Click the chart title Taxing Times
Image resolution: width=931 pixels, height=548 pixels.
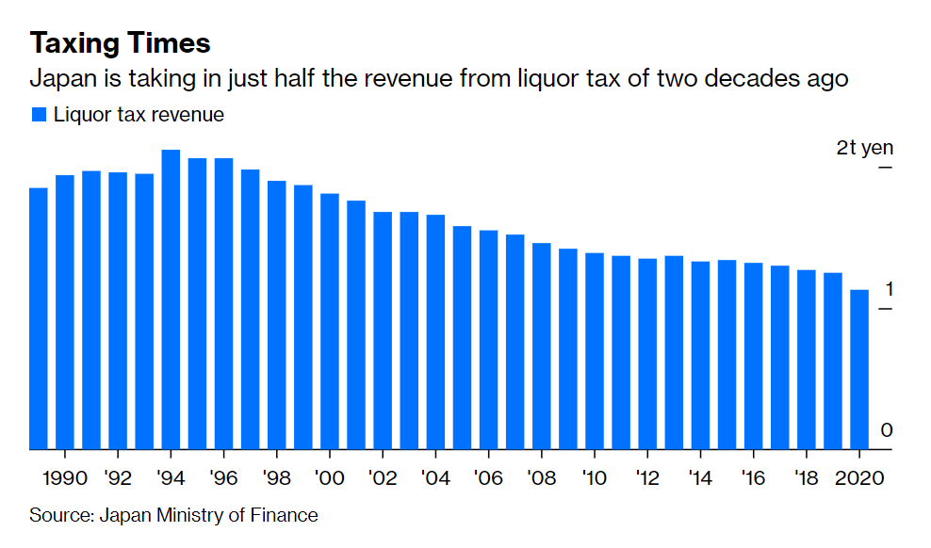pos(120,42)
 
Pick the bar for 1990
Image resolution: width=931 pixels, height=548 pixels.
pos(65,312)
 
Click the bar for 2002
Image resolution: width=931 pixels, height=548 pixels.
pos(383,330)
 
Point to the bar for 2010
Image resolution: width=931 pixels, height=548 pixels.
pos(595,350)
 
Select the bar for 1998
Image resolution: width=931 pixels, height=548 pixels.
pos(277,314)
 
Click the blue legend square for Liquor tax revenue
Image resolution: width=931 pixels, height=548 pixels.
pos(39,115)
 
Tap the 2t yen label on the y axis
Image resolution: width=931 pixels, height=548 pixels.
pos(864,149)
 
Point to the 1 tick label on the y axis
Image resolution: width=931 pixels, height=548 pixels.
pos(886,289)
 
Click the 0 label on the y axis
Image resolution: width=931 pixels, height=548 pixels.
pos(886,430)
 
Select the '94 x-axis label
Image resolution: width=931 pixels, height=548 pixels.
pos(171,476)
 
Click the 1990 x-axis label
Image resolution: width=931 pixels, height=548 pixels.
pos(65,476)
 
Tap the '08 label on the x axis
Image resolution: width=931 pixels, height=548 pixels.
pos(542,476)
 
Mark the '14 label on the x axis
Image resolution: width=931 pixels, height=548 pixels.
pos(700,476)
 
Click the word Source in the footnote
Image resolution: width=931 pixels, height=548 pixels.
pos(56,515)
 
